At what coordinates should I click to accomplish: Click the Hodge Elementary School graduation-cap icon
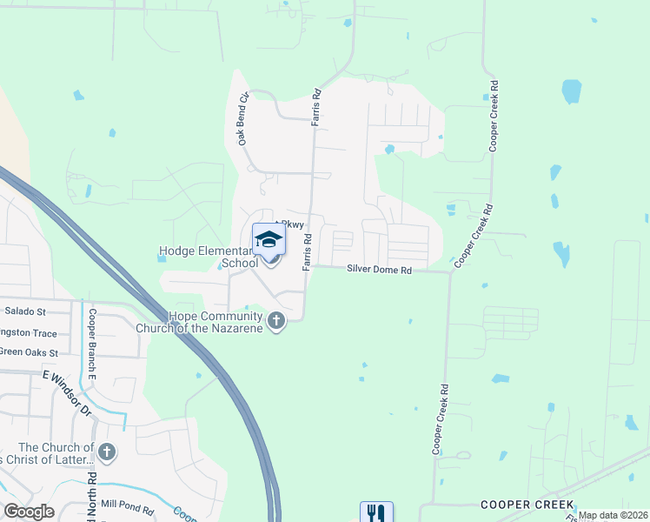pyautogui.click(x=269, y=239)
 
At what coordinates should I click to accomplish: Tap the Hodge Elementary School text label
pyautogui.click(x=209, y=258)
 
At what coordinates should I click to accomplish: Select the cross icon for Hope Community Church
pyautogui.click(x=275, y=322)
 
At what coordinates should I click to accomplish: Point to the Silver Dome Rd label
pyautogui.click(x=379, y=270)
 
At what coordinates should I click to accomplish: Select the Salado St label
pyautogui.click(x=25, y=311)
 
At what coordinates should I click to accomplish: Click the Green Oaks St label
pyautogui.click(x=29, y=352)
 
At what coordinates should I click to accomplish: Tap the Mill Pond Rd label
pyautogui.click(x=128, y=505)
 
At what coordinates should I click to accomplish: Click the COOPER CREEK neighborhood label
pyautogui.click(x=527, y=505)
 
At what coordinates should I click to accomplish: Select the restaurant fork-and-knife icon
pyautogui.click(x=376, y=512)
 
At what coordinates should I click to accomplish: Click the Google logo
pyautogui.click(x=29, y=512)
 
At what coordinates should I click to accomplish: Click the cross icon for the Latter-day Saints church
pyautogui.click(x=107, y=452)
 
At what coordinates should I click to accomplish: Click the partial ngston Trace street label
pyautogui.click(x=29, y=332)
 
